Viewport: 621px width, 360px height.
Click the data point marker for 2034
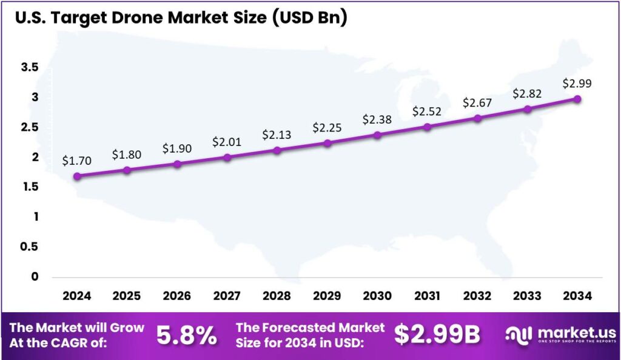577,99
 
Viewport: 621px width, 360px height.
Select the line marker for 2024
77,176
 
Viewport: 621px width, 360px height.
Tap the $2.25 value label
327,127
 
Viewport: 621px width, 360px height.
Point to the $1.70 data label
77,161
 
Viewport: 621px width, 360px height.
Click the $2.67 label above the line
477,103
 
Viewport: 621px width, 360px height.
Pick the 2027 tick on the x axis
227,296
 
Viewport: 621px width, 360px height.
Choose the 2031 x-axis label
428,296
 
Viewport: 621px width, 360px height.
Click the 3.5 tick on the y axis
29,67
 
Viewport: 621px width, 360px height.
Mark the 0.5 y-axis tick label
29,247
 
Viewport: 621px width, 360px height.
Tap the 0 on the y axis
35,276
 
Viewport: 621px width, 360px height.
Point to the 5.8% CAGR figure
186,335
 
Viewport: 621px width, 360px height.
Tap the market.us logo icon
519,335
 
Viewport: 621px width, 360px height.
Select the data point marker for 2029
327,144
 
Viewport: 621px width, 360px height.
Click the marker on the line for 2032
478,118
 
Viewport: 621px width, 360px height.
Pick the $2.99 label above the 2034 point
577,83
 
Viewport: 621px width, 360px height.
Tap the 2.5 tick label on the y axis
29,127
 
